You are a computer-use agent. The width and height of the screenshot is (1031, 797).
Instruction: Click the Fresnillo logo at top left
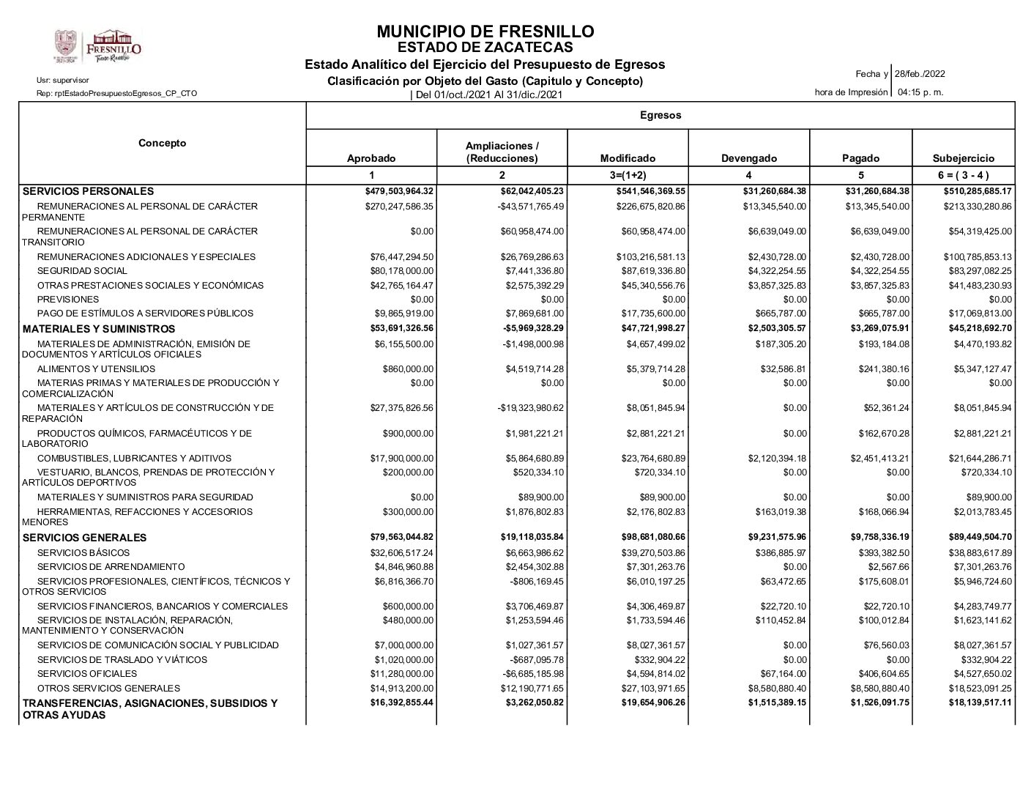97,47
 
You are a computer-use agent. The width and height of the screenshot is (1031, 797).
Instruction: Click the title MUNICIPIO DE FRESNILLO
485,31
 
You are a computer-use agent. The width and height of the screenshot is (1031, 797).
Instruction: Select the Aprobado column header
371,158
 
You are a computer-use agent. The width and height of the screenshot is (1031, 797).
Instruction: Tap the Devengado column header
749,158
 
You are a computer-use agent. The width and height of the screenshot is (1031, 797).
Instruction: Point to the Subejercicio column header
964,158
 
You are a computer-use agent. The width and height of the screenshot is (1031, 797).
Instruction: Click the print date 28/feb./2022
920,74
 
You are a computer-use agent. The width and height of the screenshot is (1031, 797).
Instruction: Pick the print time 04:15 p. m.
920,92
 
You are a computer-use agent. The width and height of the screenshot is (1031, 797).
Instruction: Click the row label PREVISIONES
68,299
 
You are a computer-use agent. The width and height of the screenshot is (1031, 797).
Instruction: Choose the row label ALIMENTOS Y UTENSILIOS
96,369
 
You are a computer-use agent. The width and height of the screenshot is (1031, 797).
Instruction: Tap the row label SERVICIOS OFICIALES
87,673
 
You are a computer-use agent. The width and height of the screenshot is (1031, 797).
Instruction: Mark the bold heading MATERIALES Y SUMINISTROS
99,329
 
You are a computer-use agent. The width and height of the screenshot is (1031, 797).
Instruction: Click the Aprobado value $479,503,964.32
399,192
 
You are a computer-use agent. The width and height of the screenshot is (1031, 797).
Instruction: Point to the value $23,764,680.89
650,459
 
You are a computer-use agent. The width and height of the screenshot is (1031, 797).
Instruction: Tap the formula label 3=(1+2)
628,175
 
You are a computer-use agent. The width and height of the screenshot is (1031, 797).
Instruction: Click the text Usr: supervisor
63,80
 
